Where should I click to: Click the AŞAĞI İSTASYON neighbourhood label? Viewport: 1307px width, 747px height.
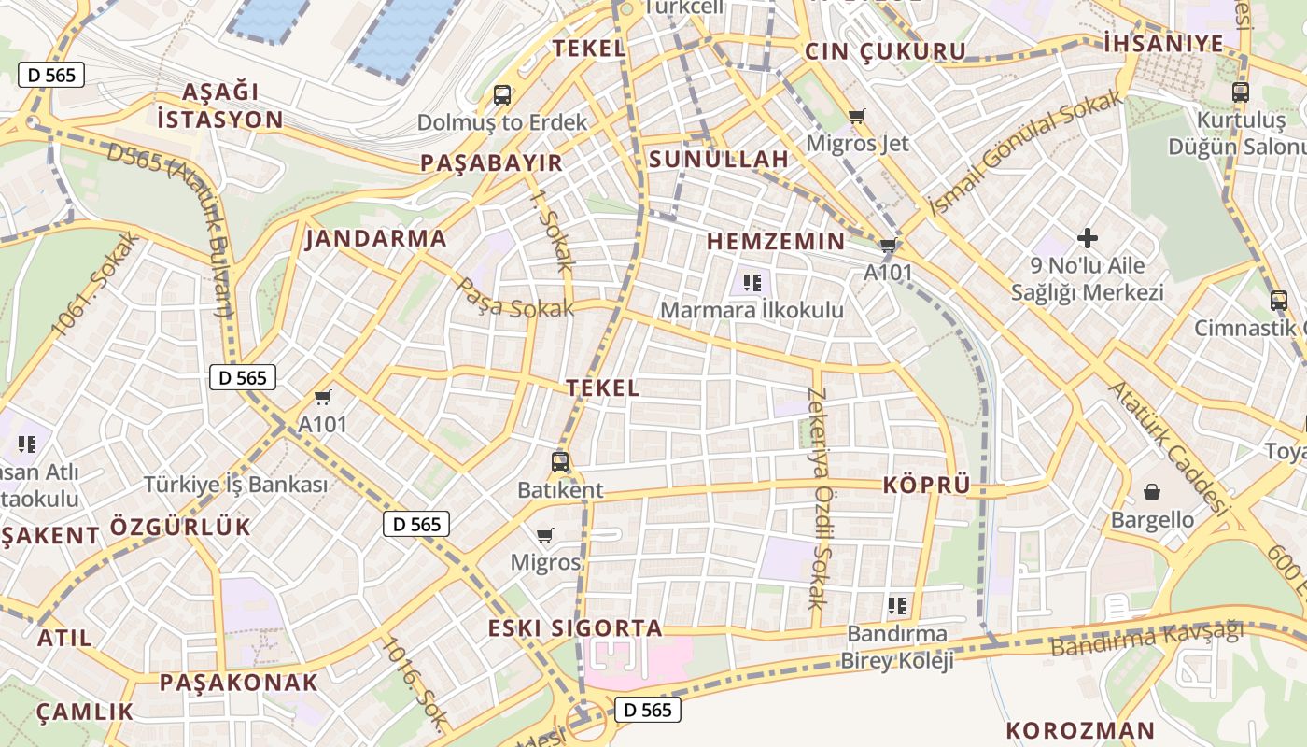(x=220, y=106)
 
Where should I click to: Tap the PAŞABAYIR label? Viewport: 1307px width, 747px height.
(x=492, y=162)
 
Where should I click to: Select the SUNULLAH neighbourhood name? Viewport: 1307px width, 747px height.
(x=719, y=159)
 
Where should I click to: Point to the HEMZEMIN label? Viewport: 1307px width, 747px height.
(x=776, y=241)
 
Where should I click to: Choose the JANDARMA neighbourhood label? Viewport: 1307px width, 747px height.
(x=376, y=238)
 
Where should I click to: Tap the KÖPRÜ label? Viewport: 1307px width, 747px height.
(x=927, y=485)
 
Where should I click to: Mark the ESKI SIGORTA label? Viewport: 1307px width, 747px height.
(x=576, y=627)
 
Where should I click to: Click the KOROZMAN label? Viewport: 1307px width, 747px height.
(x=1080, y=729)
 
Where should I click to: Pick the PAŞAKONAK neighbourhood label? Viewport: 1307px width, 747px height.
(x=239, y=682)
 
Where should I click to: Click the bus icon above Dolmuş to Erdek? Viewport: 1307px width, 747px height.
(x=502, y=94)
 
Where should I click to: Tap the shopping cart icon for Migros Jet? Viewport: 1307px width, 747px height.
(x=857, y=117)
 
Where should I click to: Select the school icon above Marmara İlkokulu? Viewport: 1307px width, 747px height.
(x=752, y=282)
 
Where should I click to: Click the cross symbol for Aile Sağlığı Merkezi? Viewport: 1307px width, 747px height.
(x=1088, y=238)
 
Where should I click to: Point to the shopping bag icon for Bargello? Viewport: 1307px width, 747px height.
(x=1152, y=492)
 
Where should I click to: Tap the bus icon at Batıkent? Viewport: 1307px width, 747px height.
(x=560, y=461)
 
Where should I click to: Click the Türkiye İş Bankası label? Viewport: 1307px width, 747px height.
(x=236, y=485)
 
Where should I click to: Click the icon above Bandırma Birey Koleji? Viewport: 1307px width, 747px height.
(x=897, y=606)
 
